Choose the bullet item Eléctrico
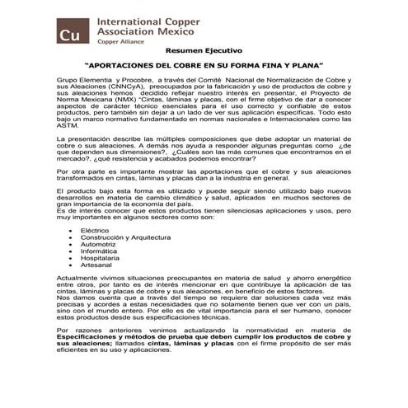(95, 229)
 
